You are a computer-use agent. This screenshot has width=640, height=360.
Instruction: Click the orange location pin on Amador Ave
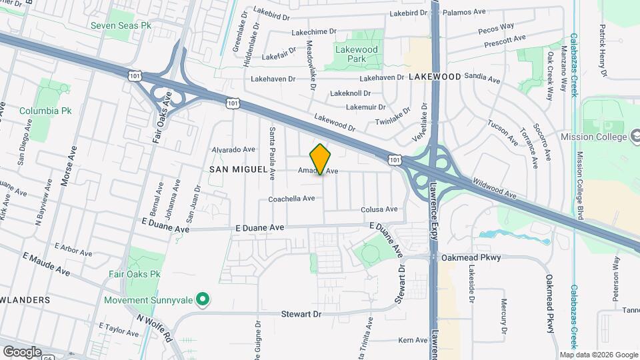[321, 159]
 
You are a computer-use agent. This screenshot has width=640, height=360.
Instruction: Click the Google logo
[22, 351]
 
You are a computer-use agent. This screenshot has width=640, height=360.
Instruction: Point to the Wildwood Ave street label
[495, 187]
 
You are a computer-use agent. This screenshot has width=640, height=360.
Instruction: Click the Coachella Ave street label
[291, 199]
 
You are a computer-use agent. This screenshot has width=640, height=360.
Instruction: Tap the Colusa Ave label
[379, 209]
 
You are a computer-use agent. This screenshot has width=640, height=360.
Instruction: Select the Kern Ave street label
[412, 340]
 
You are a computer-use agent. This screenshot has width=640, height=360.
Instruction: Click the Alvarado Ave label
[233, 150]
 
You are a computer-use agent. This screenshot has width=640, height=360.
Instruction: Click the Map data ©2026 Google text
[598, 355]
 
